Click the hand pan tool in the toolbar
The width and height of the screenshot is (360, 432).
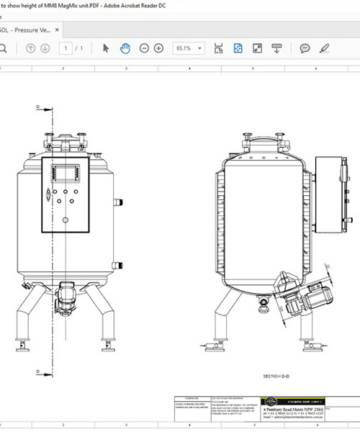click(x=125, y=48)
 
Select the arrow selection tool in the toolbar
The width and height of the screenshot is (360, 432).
click(x=106, y=48)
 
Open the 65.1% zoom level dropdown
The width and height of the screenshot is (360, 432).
click(x=189, y=48)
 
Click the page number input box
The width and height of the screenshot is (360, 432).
click(x=67, y=48)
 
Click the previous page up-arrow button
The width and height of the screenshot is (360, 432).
click(x=30, y=48)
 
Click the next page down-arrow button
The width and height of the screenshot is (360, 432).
click(x=45, y=48)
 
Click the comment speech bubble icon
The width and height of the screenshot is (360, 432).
click(x=305, y=48)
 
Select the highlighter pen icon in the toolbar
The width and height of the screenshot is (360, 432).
click(x=324, y=48)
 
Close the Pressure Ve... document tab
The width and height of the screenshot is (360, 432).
click(x=58, y=30)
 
